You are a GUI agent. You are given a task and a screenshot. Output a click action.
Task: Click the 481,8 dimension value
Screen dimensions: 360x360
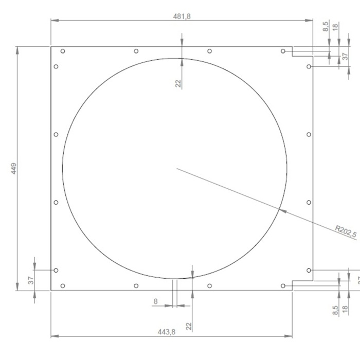tap(182, 16)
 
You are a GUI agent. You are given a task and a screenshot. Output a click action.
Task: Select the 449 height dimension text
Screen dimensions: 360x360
tap(13, 168)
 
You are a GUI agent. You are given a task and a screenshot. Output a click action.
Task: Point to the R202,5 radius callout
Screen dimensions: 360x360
tap(346, 232)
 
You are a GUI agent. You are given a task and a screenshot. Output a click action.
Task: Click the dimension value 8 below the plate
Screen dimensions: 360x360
tap(155, 301)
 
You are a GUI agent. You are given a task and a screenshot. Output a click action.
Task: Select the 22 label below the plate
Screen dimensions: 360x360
tap(188, 326)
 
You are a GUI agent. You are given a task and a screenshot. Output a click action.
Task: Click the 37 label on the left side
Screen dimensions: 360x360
tap(31, 280)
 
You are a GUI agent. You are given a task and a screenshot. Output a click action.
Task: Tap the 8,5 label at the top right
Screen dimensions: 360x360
tap(325, 26)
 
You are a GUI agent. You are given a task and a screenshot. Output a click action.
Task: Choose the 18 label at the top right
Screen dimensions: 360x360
tap(336, 26)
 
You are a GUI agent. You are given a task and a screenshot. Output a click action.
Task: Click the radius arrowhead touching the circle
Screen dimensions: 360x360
tap(280, 209)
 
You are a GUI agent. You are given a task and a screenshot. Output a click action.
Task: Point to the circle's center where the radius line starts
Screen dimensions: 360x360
tap(177, 168)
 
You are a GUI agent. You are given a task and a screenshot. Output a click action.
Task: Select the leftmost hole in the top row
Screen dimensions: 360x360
tap(63, 51)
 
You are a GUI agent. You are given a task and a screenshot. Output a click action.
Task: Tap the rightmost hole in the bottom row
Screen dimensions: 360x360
tap(283, 285)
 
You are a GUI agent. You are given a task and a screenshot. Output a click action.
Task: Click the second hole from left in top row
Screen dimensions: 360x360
tap(136, 51)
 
